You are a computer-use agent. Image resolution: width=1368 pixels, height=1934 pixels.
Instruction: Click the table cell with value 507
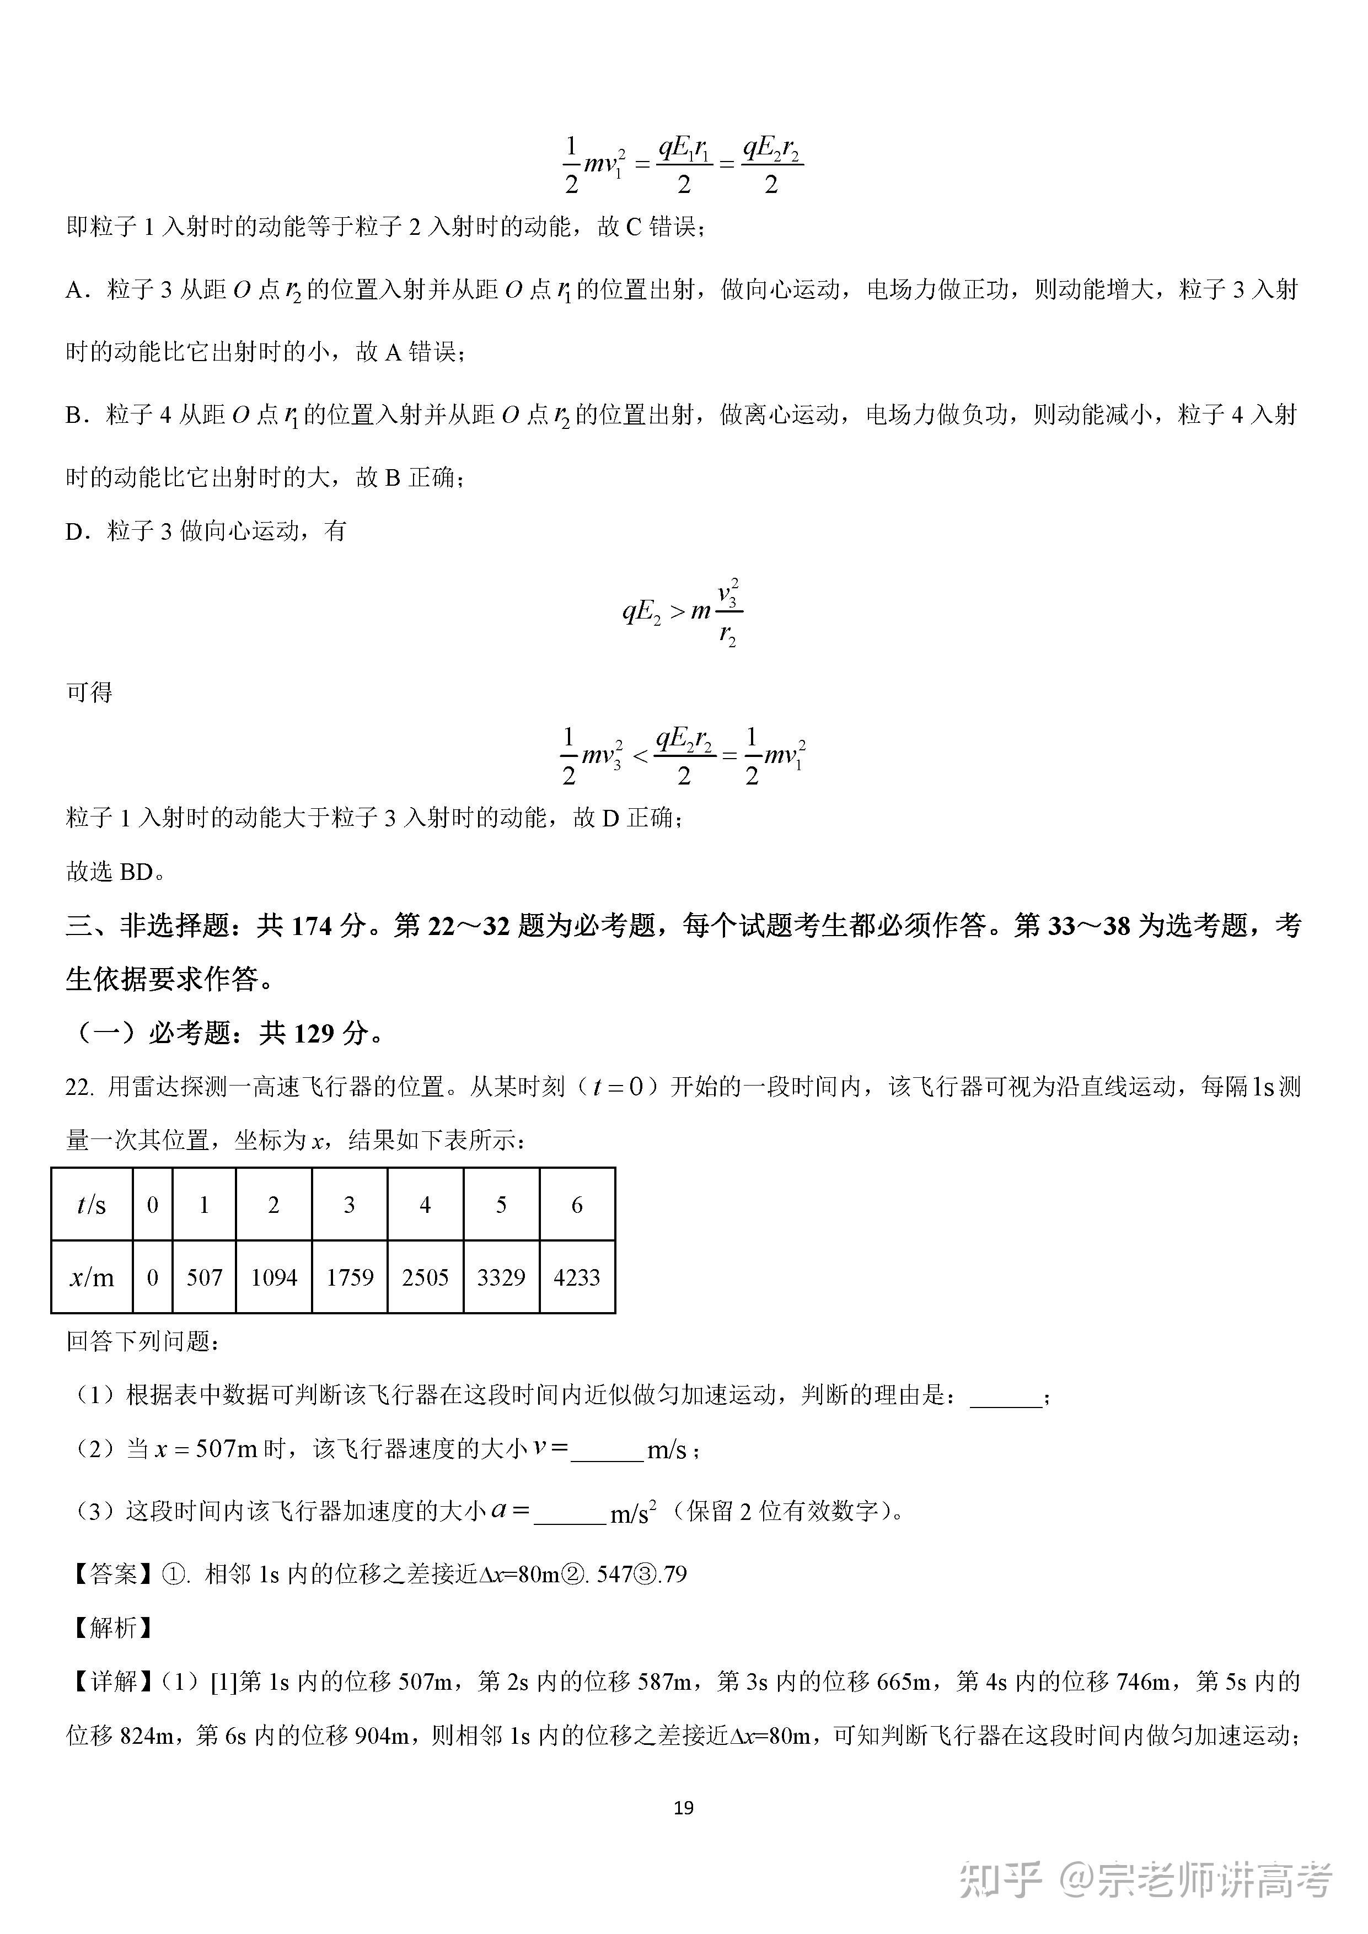coord(204,1278)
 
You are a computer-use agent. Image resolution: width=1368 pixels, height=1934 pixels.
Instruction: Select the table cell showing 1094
coord(274,1278)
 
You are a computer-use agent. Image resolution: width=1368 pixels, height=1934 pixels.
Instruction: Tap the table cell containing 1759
coord(350,1278)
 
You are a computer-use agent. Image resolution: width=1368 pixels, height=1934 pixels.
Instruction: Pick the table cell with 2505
coord(425,1278)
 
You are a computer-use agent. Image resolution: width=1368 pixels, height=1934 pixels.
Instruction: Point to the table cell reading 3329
coord(501,1278)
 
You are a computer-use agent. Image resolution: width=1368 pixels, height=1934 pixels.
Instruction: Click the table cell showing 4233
coord(577,1278)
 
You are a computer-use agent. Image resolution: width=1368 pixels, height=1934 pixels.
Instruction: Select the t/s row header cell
coord(92,1205)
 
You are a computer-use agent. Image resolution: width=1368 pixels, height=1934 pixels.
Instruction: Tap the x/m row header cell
coord(92,1278)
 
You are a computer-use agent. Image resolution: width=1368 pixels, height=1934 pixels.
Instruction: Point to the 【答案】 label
coord(113,1575)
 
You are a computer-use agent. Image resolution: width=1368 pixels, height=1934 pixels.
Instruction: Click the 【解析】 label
coord(113,1628)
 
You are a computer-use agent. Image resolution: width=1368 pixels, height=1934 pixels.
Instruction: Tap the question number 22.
coord(80,1087)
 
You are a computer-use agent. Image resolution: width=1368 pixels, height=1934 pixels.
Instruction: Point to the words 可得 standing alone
coord(89,692)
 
